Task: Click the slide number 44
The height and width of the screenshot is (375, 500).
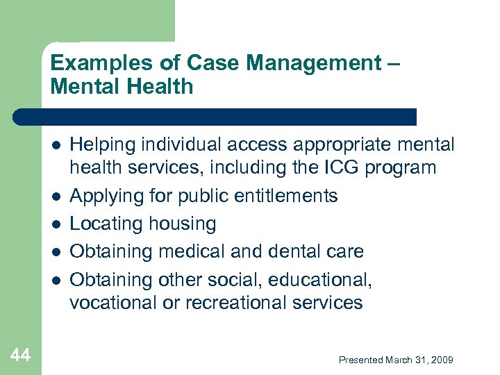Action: [x=21, y=356]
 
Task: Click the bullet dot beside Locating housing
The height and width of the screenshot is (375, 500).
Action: [x=55, y=224]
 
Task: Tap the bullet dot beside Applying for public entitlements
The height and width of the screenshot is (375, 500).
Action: [x=55, y=196]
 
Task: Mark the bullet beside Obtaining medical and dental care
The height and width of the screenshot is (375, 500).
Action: [x=55, y=251]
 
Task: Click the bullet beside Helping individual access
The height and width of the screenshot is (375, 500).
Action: [x=55, y=144]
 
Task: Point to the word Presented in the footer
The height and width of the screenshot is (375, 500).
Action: [x=361, y=360]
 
